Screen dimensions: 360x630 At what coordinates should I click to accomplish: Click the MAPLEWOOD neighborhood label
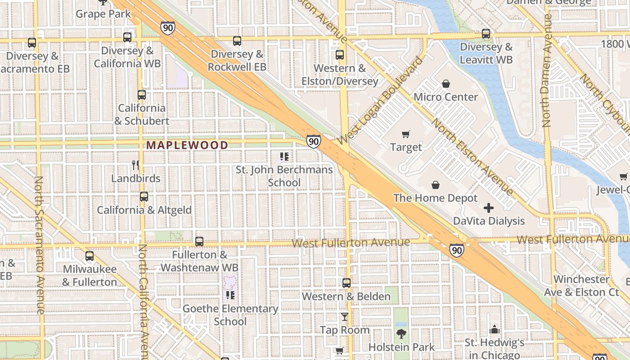(x=187, y=145)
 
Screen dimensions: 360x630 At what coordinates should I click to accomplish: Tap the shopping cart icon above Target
(x=406, y=134)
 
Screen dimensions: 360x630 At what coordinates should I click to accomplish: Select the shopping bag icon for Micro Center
(x=445, y=84)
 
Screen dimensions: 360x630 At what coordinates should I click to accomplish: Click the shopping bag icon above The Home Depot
(x=435, y=185)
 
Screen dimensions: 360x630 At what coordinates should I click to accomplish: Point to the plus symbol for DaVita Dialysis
(x=489, y=208)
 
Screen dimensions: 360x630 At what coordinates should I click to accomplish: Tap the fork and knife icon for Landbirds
(x=135, y=165)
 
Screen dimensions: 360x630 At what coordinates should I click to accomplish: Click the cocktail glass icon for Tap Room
(x=344, y=317)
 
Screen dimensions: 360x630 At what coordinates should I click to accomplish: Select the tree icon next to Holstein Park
(x=401, y=334)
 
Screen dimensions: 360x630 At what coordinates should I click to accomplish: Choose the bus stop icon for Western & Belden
(x=346, y=283)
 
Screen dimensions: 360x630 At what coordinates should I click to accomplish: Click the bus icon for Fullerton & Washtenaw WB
(x=199, y=242)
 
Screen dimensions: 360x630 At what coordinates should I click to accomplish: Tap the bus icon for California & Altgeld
(x=144, y=197)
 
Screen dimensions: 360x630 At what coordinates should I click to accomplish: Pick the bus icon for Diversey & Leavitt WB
(x=486, y=34)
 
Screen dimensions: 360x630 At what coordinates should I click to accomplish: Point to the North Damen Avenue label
(x=547, y=71)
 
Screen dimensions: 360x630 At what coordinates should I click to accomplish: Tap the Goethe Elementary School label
(x=230, y=315)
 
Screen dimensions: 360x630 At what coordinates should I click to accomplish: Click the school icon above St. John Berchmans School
(x=284, y=157)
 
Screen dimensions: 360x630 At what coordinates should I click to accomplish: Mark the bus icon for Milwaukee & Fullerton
(x=90, y=256)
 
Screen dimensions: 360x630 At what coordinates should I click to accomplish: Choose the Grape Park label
(x=103, y=14)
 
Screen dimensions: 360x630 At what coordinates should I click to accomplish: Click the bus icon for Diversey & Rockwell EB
(x=237, y=41)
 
